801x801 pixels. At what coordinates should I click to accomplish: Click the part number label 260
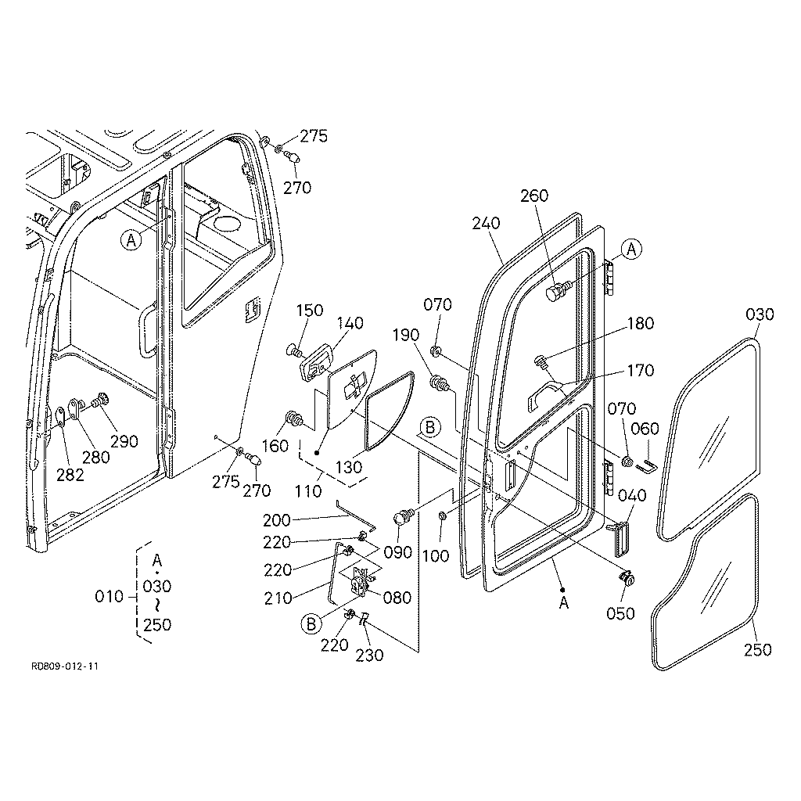coord(534,196)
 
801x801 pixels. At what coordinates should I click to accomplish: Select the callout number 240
coord(486,223)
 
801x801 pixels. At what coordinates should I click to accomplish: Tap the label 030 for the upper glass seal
coord(760,314)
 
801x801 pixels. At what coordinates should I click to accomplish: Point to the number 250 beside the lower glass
coord(757,650)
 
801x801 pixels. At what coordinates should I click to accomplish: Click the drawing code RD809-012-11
coord(65,666)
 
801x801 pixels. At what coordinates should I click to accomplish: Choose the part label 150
coord(310,311)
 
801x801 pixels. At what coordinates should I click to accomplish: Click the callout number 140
coord(350,323)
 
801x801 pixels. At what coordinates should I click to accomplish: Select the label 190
coord(406,335)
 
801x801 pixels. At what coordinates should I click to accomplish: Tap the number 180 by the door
coord(640,323)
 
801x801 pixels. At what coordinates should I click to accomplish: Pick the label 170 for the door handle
coord(640,370)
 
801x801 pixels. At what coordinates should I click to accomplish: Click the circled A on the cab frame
coord(131,239)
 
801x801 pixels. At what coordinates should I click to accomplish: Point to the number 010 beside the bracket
coord(110,596)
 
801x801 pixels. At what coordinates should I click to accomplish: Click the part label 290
coord(124,441)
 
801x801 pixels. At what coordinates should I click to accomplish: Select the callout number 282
coord(70,475)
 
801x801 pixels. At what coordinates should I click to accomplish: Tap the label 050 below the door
coord(620,613)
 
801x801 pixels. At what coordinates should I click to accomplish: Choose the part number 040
coord(632,495)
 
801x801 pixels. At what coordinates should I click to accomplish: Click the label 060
coord(645,429)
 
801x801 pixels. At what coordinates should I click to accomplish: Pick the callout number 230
coord(369,656)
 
